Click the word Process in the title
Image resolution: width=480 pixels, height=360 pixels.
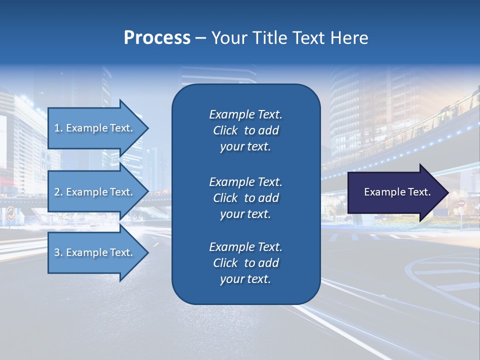[157, 38]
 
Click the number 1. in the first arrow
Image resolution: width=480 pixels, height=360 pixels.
[58, 128]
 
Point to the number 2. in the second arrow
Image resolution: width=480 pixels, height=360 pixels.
[58, 192]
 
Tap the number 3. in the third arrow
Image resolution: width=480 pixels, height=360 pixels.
[58, 252]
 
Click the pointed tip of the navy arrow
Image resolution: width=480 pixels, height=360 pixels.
[446, 192]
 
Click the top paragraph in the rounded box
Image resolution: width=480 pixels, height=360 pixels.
[245, 130]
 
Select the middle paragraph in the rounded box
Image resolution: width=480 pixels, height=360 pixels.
[245, 198]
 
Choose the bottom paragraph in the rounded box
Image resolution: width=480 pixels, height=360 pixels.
[245, 263]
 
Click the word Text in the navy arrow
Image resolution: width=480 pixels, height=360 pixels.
[418, 192]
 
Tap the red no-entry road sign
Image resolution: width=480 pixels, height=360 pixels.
[461, 204]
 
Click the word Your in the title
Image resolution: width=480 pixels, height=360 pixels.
[227, 38]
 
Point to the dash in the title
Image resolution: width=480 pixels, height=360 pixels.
[200, 38]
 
